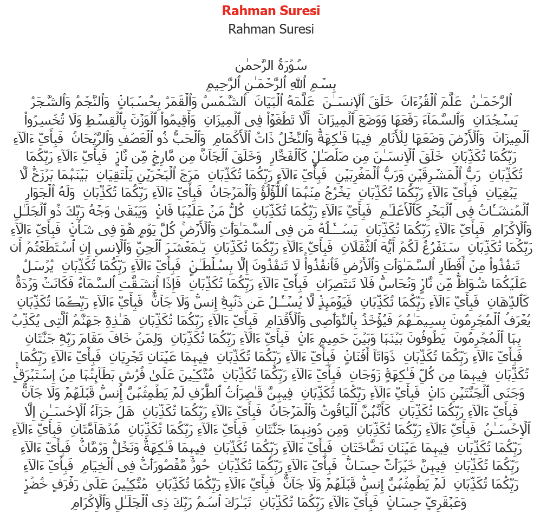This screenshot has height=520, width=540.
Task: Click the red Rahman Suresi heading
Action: point(271,10)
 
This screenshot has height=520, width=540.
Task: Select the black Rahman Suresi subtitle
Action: point(271,29)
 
